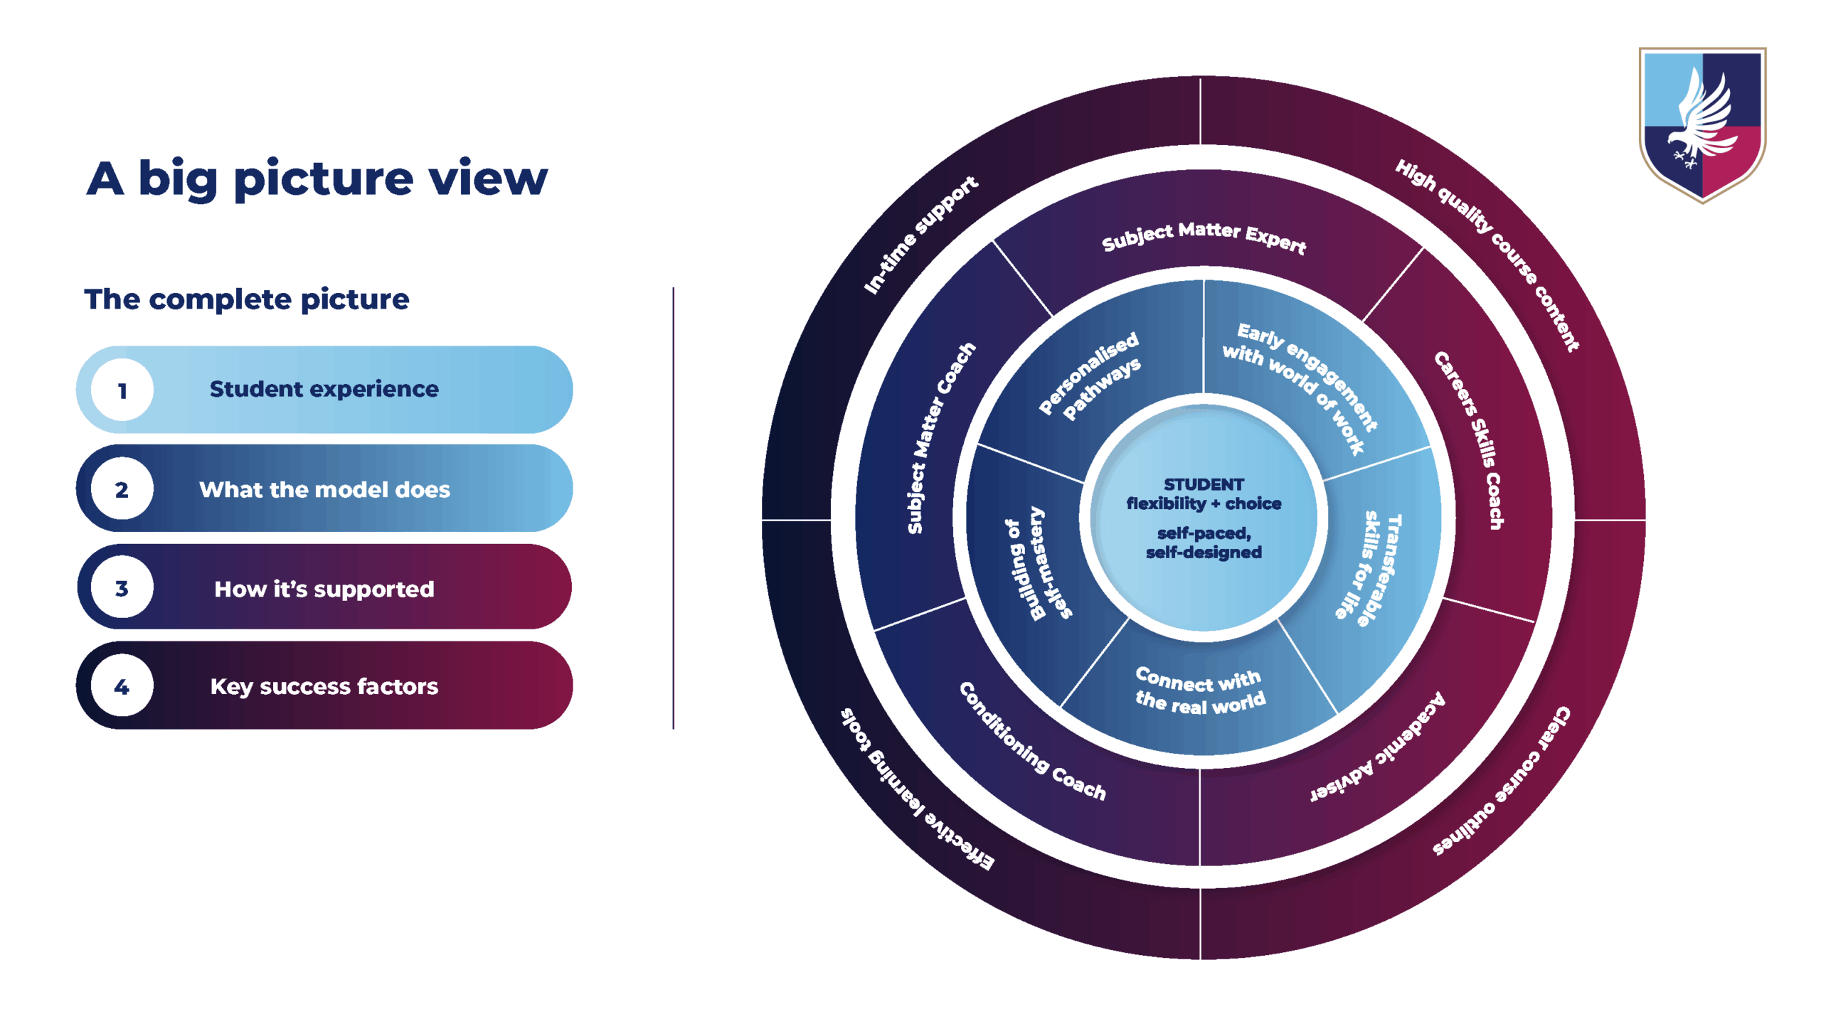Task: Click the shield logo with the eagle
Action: point(1701,124)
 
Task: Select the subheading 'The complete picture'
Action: point(247,299)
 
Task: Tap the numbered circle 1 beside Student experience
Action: point(122,390)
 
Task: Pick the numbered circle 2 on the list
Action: point(122,489)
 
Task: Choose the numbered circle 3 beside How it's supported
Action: point(122,588)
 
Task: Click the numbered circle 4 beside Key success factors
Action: point(122,686)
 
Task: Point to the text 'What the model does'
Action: point(324,489)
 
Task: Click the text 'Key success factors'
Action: point(324,686)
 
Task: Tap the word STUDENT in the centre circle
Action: point(1204,484)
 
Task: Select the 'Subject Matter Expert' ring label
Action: point(1204,236)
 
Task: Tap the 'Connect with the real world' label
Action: point(1201,689)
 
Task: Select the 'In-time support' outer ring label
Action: point(920,235)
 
